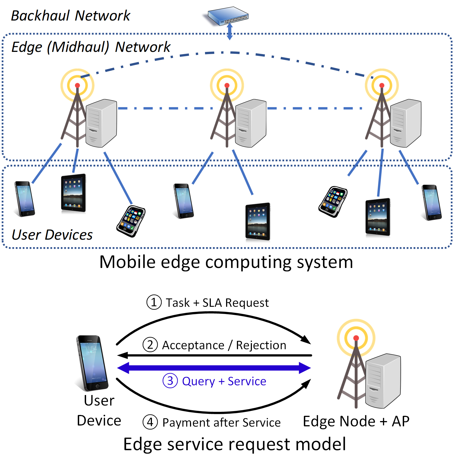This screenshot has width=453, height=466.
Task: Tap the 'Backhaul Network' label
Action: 71,16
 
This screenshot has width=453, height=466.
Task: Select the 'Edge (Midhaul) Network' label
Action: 91,47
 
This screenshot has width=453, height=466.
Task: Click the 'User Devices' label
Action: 52,235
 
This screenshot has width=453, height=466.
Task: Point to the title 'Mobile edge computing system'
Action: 226,262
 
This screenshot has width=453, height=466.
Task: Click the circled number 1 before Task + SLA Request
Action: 154,302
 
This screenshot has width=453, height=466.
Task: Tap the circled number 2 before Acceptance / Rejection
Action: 150,345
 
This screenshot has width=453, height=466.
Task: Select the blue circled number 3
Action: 170,381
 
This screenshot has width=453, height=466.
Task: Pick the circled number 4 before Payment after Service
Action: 150,422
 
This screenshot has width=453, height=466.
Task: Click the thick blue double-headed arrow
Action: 214,368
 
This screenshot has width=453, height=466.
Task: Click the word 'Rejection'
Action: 261,345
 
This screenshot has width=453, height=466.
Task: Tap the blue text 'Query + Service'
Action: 224,381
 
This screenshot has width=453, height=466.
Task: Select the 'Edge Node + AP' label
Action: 356,421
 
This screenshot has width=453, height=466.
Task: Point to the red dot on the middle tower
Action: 227,85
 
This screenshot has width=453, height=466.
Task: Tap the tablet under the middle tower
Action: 258,221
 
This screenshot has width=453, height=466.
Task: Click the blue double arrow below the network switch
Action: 230,31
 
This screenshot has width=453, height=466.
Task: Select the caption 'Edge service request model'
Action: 234,444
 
